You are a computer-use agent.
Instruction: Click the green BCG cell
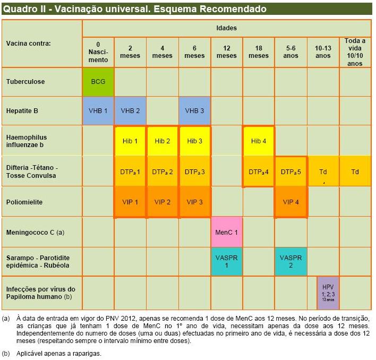pos(98,82)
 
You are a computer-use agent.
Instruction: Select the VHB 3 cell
pos(194,111)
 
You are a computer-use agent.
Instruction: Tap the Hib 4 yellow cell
pos(259,141)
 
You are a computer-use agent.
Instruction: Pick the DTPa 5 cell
pos(290,172)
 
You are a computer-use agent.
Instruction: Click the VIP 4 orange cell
pos(290,202)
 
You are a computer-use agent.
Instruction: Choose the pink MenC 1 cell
pos(227,232)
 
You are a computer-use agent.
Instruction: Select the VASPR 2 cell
pos(290,261)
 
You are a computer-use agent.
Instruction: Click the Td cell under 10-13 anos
pos(323,172)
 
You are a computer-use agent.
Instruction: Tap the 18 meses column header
pos(259,52)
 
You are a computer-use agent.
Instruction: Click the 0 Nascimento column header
pos(98,52)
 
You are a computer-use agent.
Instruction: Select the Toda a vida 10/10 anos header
pos(355,52)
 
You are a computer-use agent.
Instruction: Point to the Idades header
pos(226,28)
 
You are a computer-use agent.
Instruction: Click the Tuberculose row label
pos(25,82)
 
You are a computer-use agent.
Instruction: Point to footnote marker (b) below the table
pos(6,353)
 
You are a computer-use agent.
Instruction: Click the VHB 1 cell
pos(98,111)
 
